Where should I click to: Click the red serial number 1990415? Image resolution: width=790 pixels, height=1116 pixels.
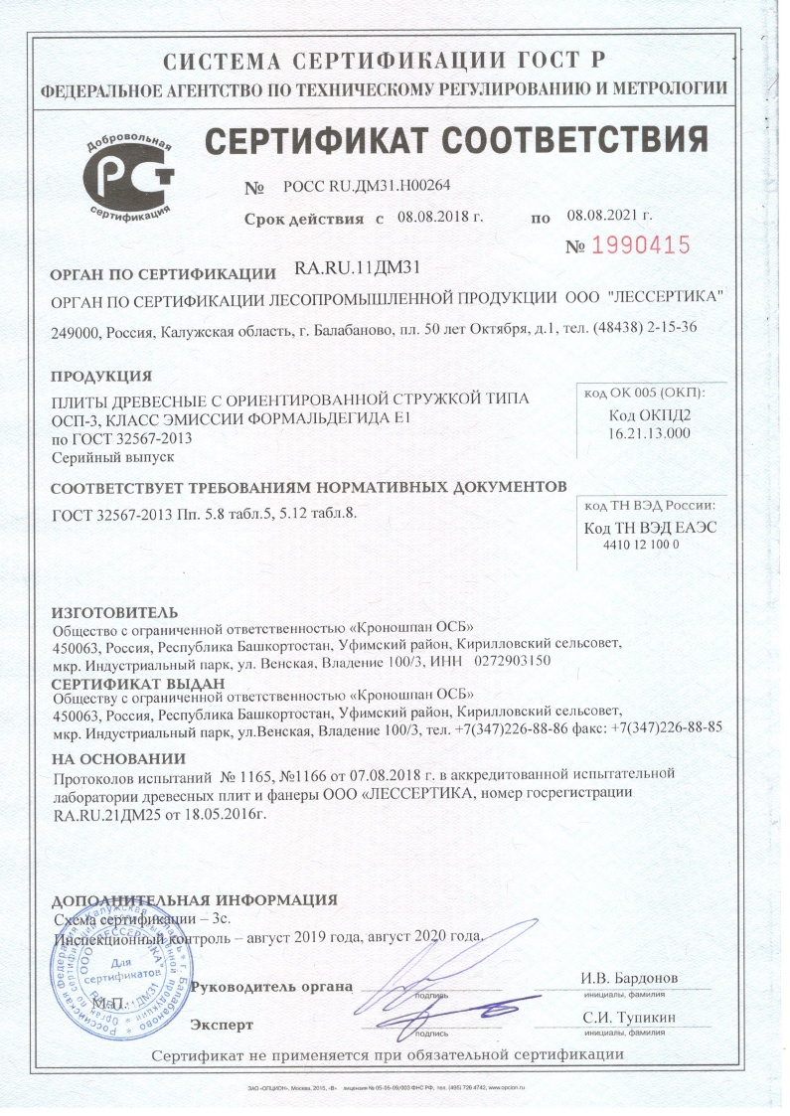pyautogui.click(x=641, y=244)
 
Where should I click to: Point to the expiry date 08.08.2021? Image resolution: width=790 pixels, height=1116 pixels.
pyautogui.click(x=609, y=216)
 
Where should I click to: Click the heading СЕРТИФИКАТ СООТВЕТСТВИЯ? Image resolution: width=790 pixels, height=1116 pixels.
pyautogui.click(x=456, y=140)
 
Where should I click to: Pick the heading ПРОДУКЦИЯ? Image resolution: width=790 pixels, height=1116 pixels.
pyautogui.click(x=100, y=376)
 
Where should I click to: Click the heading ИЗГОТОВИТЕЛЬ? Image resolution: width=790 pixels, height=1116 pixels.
pyautogui.click(x=114, y=610)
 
